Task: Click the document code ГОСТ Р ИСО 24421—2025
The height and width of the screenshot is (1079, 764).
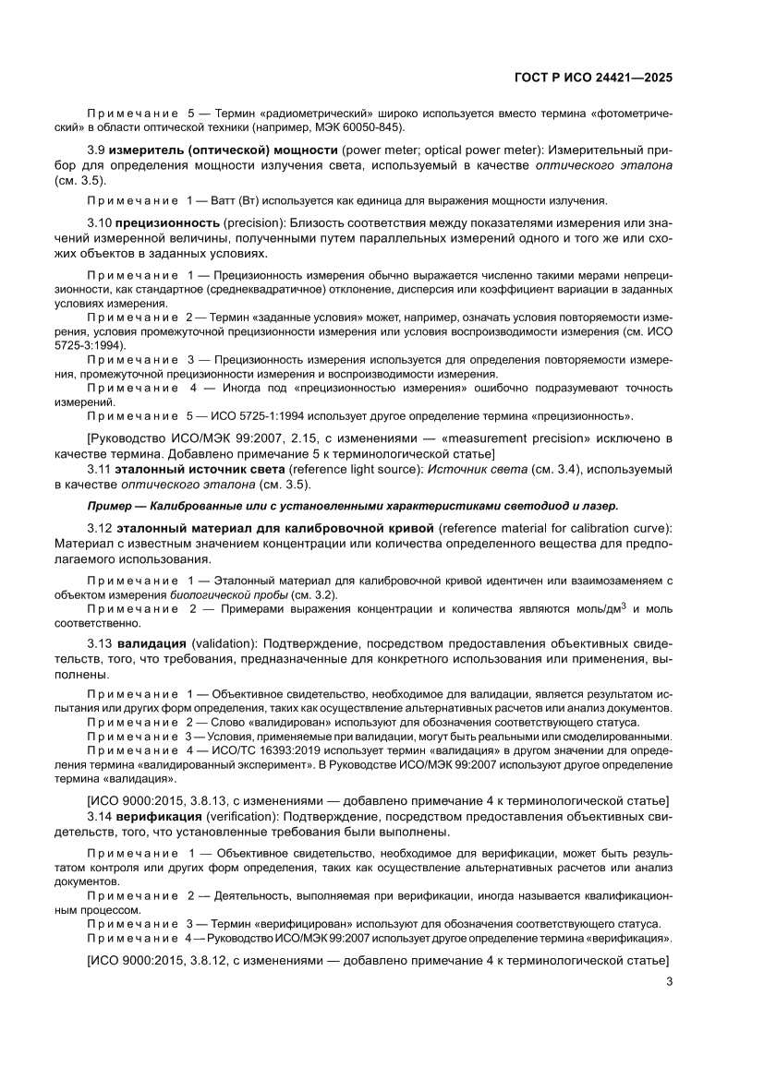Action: pyautogui.click(x=592, y=78)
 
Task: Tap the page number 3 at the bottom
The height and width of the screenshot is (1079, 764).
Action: pyautogui.click(x=668, y=982)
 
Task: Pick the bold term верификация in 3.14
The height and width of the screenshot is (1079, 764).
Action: pyautogui.click(x=158, y=818)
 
